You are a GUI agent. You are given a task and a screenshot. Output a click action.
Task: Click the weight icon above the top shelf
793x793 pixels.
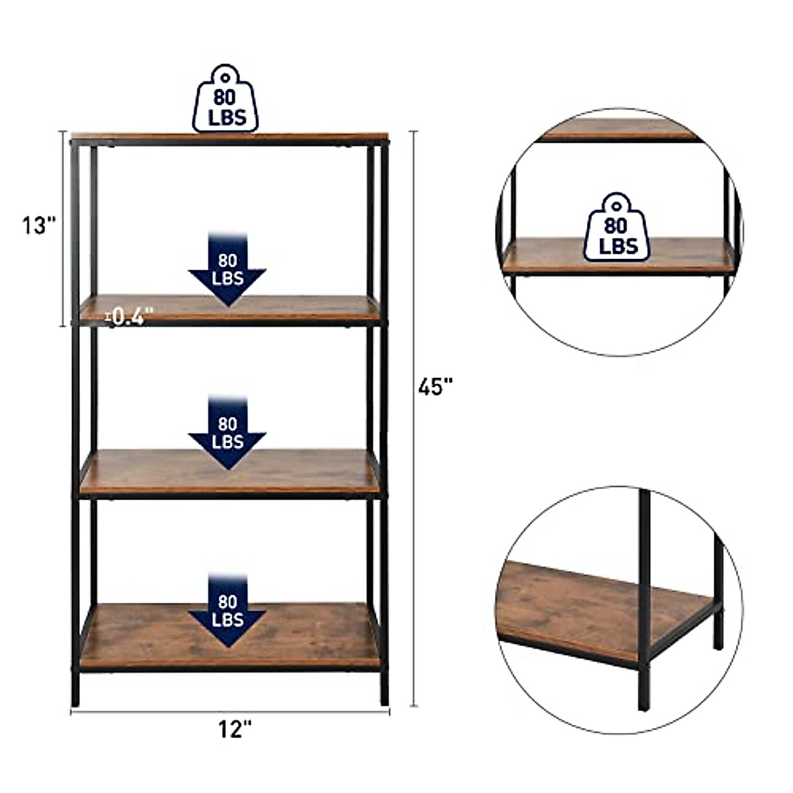225,98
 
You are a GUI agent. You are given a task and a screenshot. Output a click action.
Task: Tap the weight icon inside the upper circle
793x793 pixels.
619,228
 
